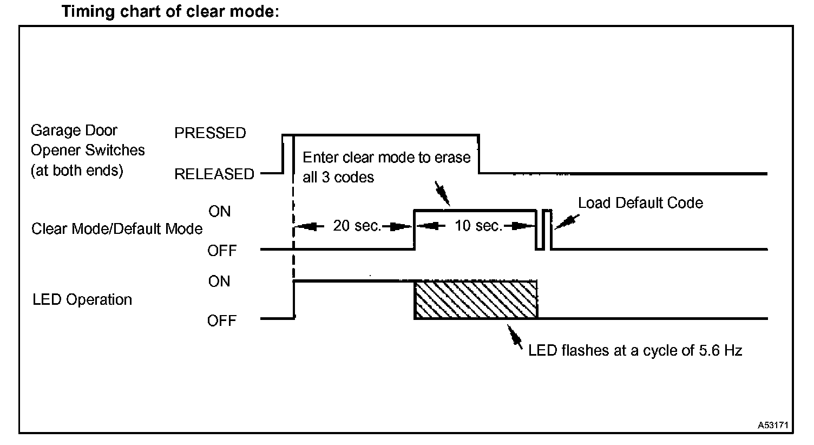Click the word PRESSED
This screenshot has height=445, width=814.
(x=210, y=133)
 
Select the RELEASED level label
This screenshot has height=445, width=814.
(x=214, y=174)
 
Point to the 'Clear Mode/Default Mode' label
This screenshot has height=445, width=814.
(x=117, y=228)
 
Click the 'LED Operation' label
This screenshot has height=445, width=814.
(x=82, y=299)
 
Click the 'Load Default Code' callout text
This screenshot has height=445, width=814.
(x=640, y=203)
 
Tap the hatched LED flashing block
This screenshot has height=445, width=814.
(x=476, y=299)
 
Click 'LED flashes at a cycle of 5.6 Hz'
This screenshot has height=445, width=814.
(x=635, y=350)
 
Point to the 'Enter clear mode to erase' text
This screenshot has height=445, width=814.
(x=386, y=158)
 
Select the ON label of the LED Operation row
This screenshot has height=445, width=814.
(x=219, y=282)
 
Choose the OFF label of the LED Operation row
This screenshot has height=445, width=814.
(x=222, y=321)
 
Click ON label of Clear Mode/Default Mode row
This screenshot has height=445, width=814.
(x=219, y=212)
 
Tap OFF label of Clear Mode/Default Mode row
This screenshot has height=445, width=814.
(x=222, y=251)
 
